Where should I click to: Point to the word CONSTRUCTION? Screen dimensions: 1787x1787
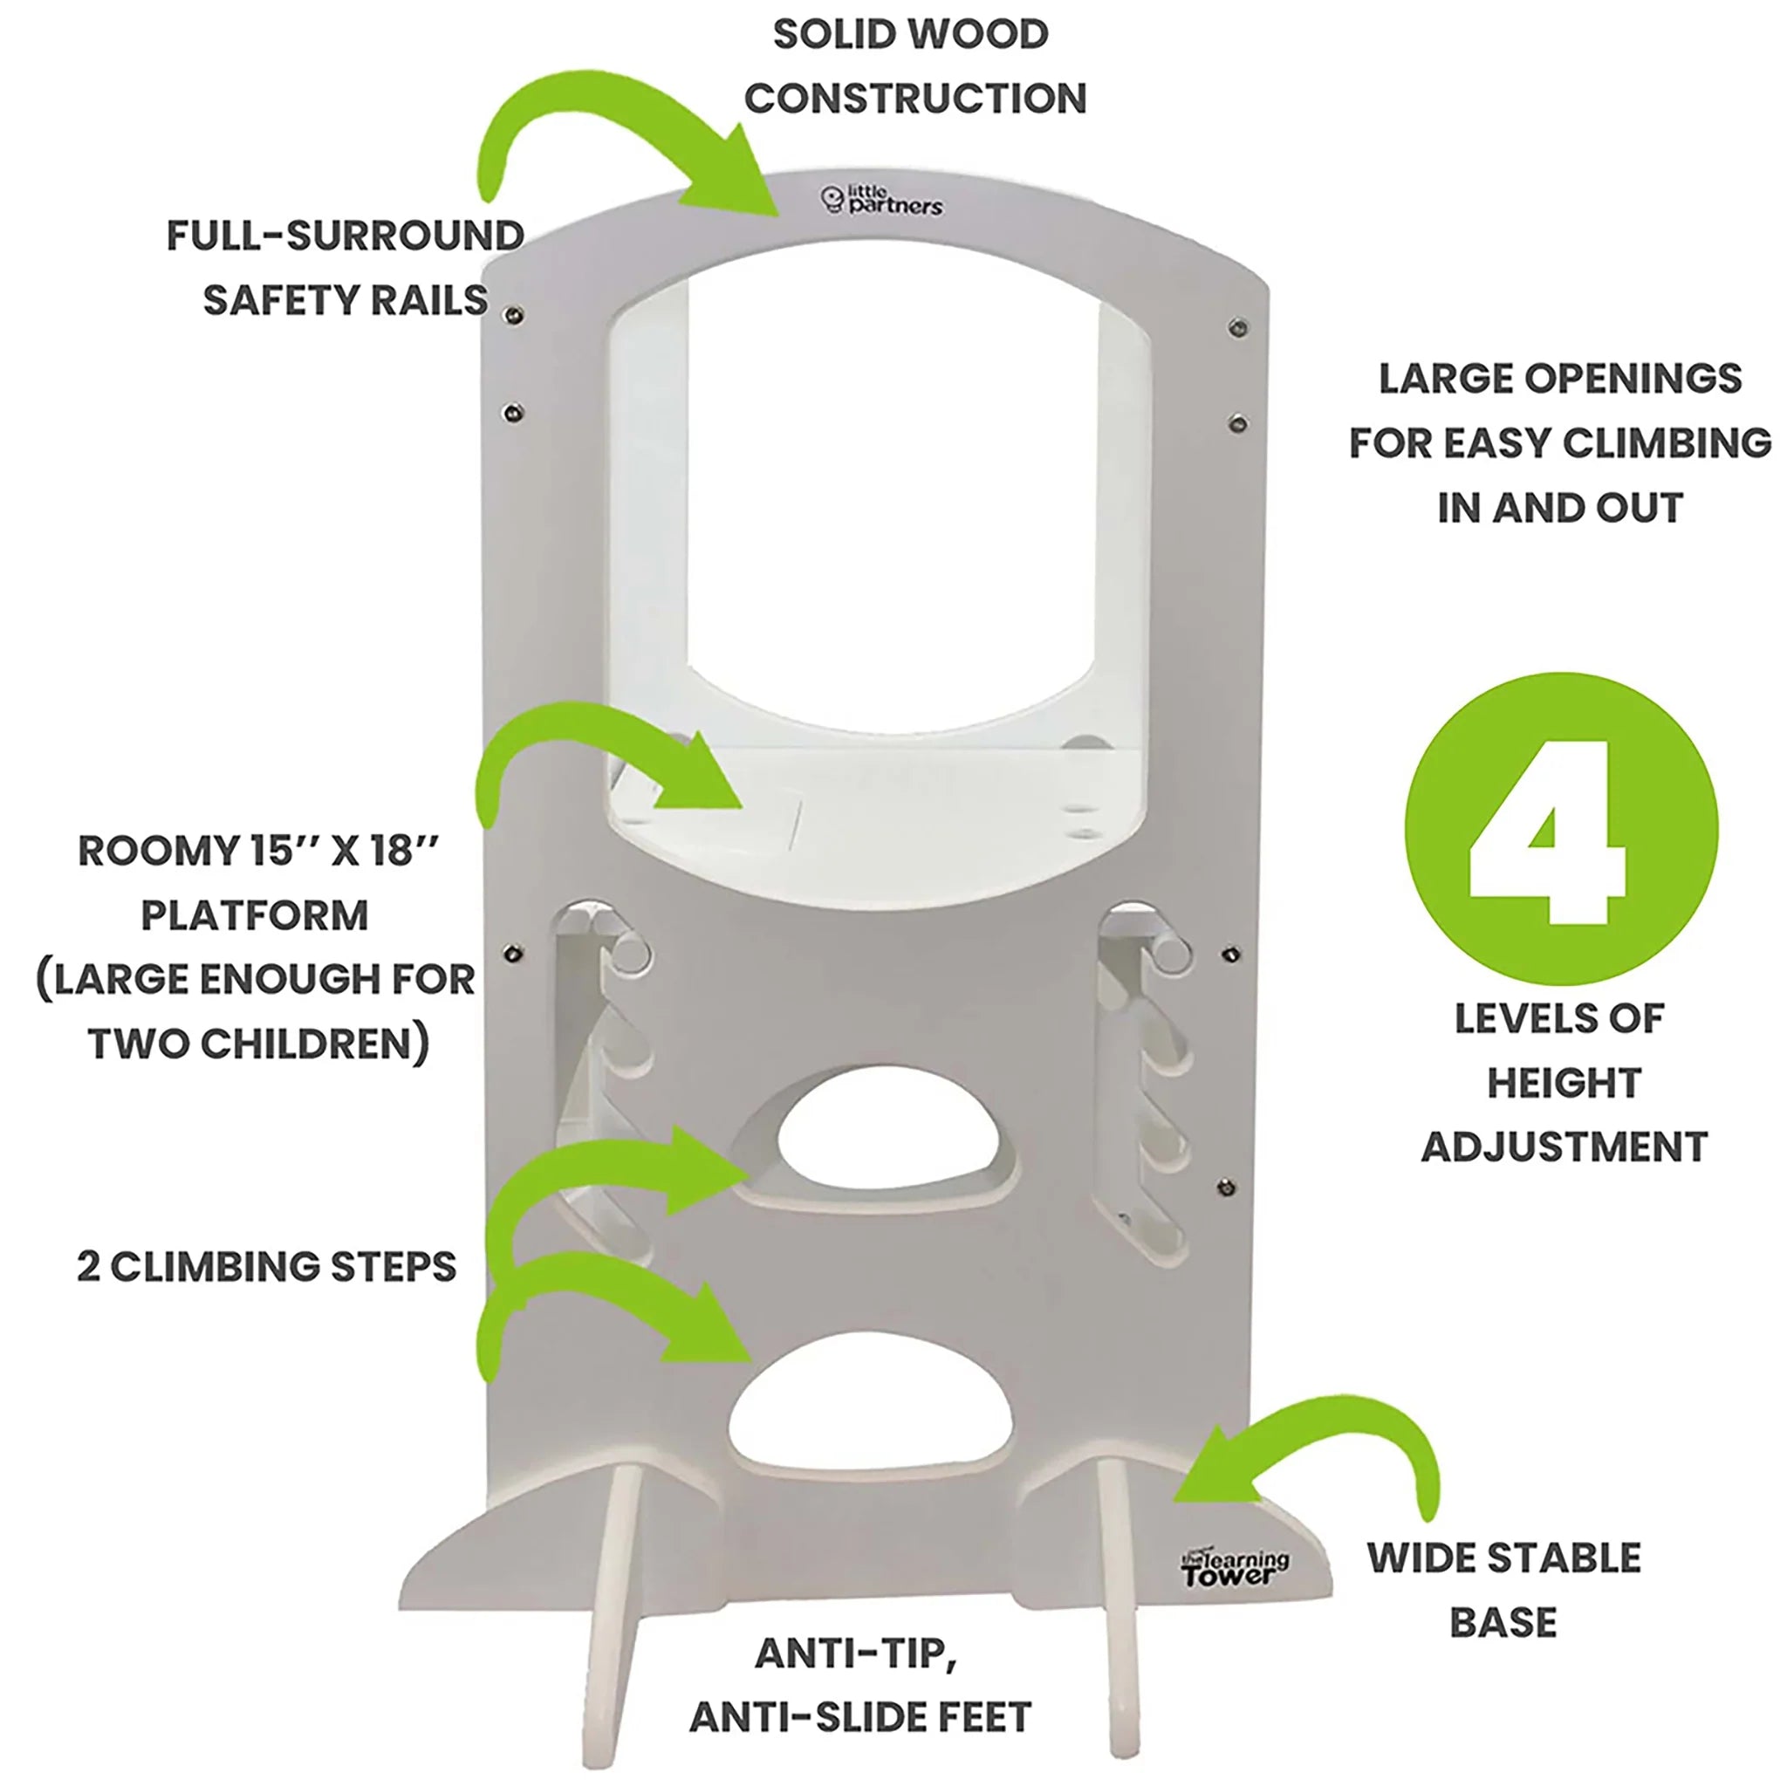pos(914,99)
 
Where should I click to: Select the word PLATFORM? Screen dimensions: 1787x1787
pos(255,915)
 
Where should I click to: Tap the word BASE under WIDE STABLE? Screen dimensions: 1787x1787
pos(1503,1622)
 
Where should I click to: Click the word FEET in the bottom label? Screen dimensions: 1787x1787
pos(984,1717)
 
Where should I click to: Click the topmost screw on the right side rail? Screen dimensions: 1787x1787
pos(1238,327)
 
